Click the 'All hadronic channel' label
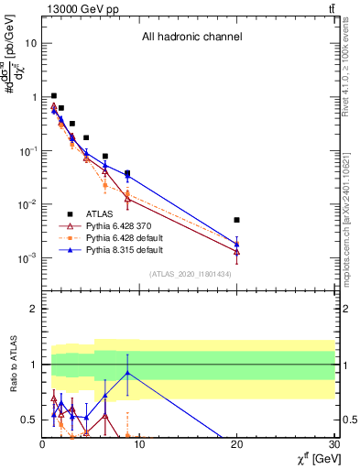[191, 38]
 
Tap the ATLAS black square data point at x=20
[236, 220]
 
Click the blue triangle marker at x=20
[236, 245]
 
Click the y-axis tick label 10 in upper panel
[32, 43]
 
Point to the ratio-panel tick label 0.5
[29, 420]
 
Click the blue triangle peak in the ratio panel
[127, 373]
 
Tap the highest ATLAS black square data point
[54, 95]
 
